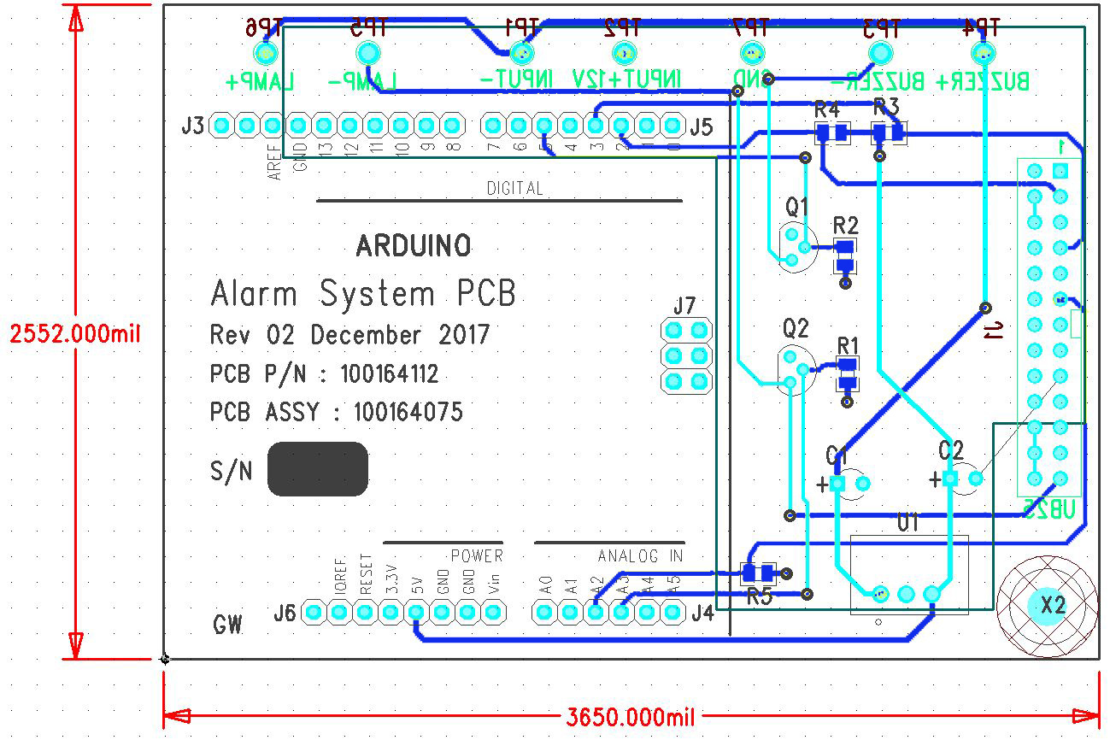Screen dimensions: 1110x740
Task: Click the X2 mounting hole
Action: tap(1052, 605)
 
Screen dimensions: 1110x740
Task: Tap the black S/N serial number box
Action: tap(318, 468)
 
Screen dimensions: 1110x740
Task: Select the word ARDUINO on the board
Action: tap(414, 247)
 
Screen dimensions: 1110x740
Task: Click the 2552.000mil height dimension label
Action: tap(75, 333)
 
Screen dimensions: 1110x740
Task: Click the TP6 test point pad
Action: tap(266, 55)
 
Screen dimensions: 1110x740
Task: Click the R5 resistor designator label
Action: tap(759, 596)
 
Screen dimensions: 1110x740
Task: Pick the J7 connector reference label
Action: tap(684, 305)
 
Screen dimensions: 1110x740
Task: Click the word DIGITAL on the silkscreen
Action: tap(514, 188)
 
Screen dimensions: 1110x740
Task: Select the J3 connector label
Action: tap(193, 126)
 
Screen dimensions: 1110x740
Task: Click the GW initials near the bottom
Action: tap(227, 625)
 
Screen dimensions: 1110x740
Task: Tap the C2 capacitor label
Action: tap(950, 450)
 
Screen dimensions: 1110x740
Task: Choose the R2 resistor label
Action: tap(845, 226)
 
